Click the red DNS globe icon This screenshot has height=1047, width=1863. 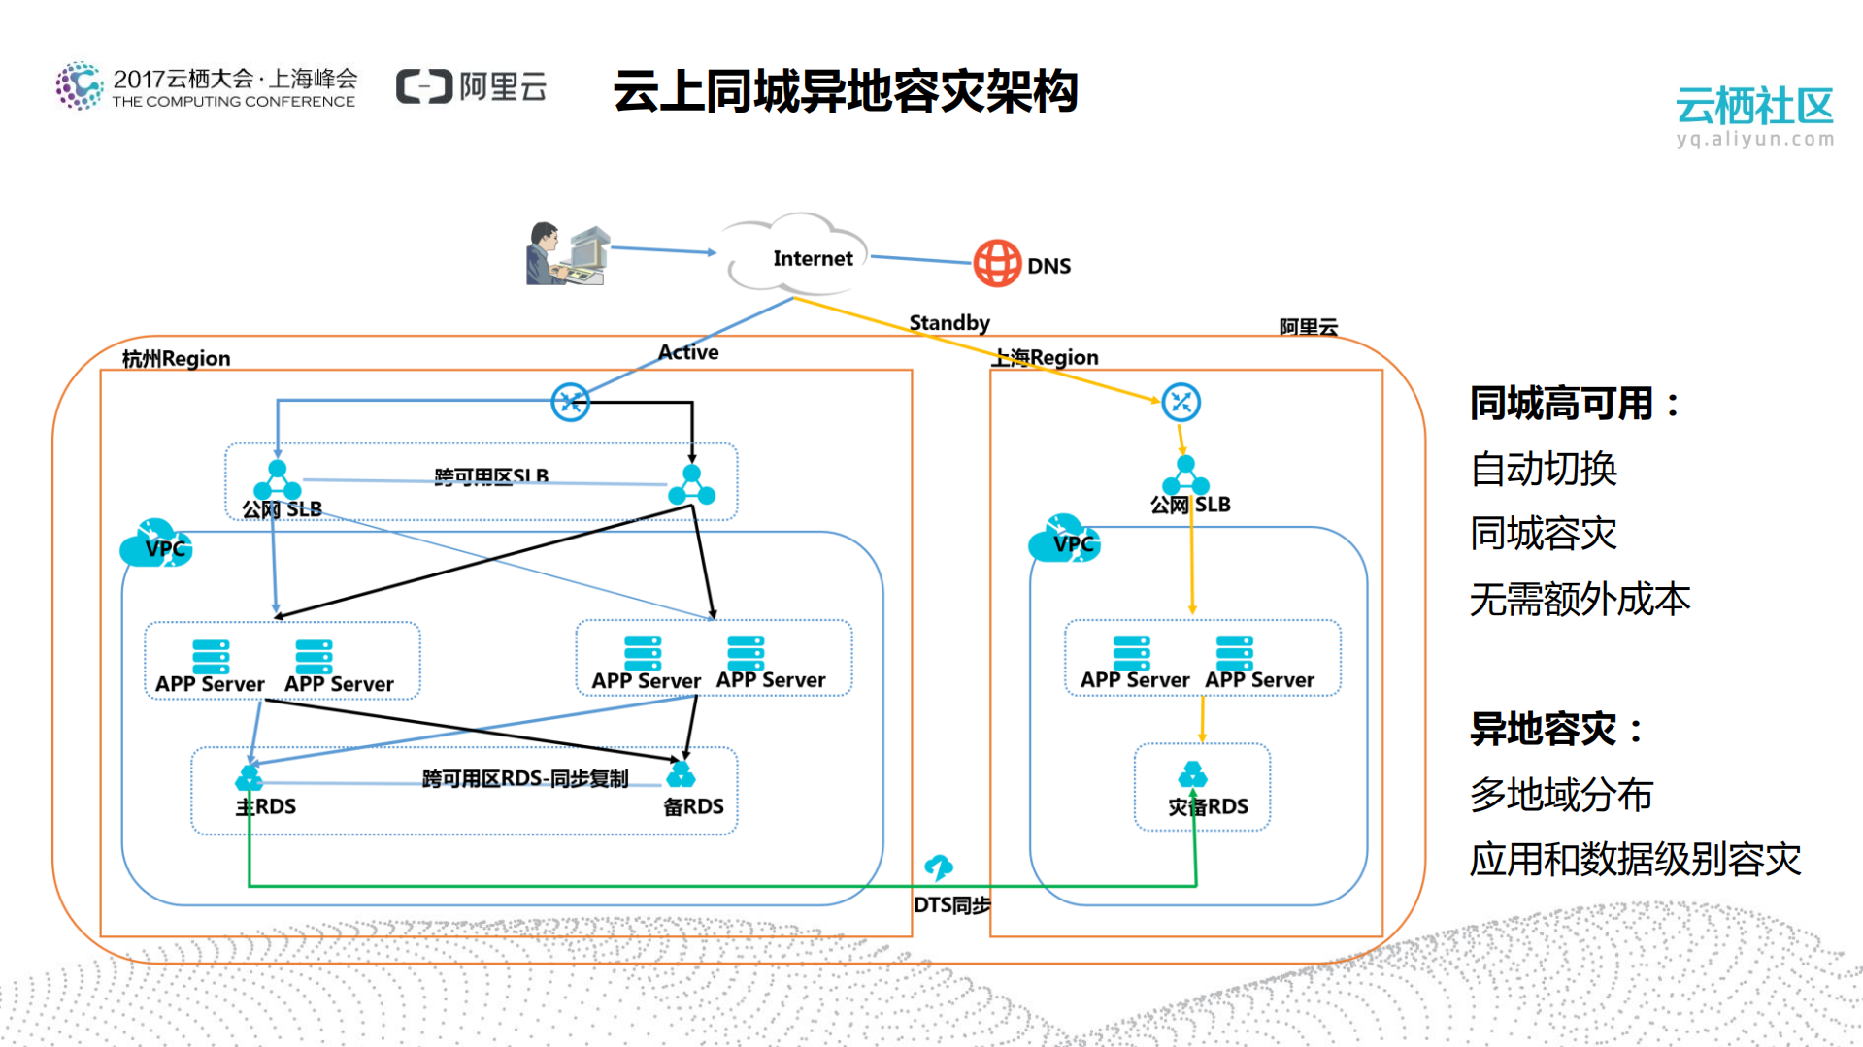[x=997, y=263]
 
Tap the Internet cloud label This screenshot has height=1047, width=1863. [x=813, y=258]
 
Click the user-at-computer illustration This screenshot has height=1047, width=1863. [x=568, y=253]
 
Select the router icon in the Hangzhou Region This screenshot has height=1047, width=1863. [x=570, y=402]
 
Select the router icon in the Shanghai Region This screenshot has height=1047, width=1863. [x=1181, y=402]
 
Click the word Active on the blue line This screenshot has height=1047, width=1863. [x=688, y=352]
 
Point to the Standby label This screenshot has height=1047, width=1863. [x=948, y=322]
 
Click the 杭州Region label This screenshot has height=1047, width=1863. [x=176, y=358]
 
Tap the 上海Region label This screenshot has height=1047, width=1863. [x=1045, y=357]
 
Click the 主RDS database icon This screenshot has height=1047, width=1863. [x=250, y=777]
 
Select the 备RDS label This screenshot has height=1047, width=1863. [x=693, y=806]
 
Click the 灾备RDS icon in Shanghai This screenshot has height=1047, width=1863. [x=1192, y=774]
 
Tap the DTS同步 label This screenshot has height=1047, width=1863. [x=951, y=904]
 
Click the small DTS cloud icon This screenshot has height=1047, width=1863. [x=938, y=866]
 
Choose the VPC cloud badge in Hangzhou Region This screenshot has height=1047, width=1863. [x=155, y=543]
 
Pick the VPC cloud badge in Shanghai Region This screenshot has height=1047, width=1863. [x=1064, y=540]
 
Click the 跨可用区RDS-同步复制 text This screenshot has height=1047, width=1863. [x=524, y=779]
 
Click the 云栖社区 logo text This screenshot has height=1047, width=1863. [x=1753, y=106]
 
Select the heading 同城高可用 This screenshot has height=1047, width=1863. [x=1561, y=404]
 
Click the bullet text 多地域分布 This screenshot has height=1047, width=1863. [x=1561, y=795]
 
